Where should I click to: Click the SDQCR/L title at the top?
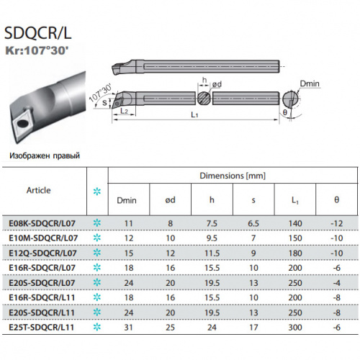click(38, 33)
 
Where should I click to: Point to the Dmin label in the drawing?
click(310, 84)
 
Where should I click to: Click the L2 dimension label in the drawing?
click(124, 111)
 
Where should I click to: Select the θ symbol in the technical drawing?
click(285, 112)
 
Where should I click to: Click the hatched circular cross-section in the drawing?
click(204, 98)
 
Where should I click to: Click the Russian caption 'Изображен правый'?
click(45, 156)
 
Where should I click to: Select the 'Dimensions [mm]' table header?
click(233, 176)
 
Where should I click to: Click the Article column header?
click(39, 190)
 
